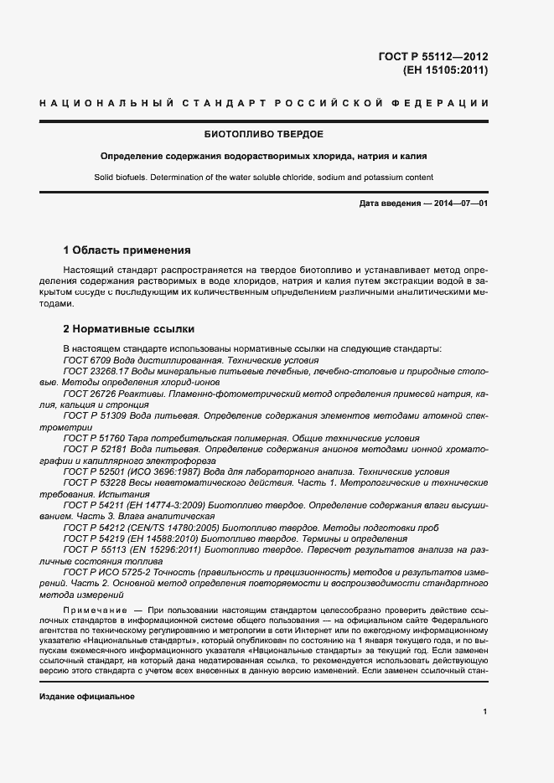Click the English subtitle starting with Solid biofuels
[x=265, y=177]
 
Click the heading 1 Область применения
[x=127, y=250]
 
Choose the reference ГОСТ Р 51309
[x=94, y=415]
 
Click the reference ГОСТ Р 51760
[x=94, y=438]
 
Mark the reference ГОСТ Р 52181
[x=94, y=449]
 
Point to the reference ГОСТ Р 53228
[x=94, y=483]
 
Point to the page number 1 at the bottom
[x=484, y=711]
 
